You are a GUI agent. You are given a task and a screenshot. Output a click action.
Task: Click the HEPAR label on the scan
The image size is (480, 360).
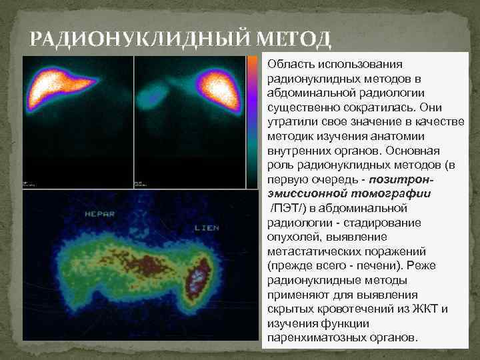[101, 214]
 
